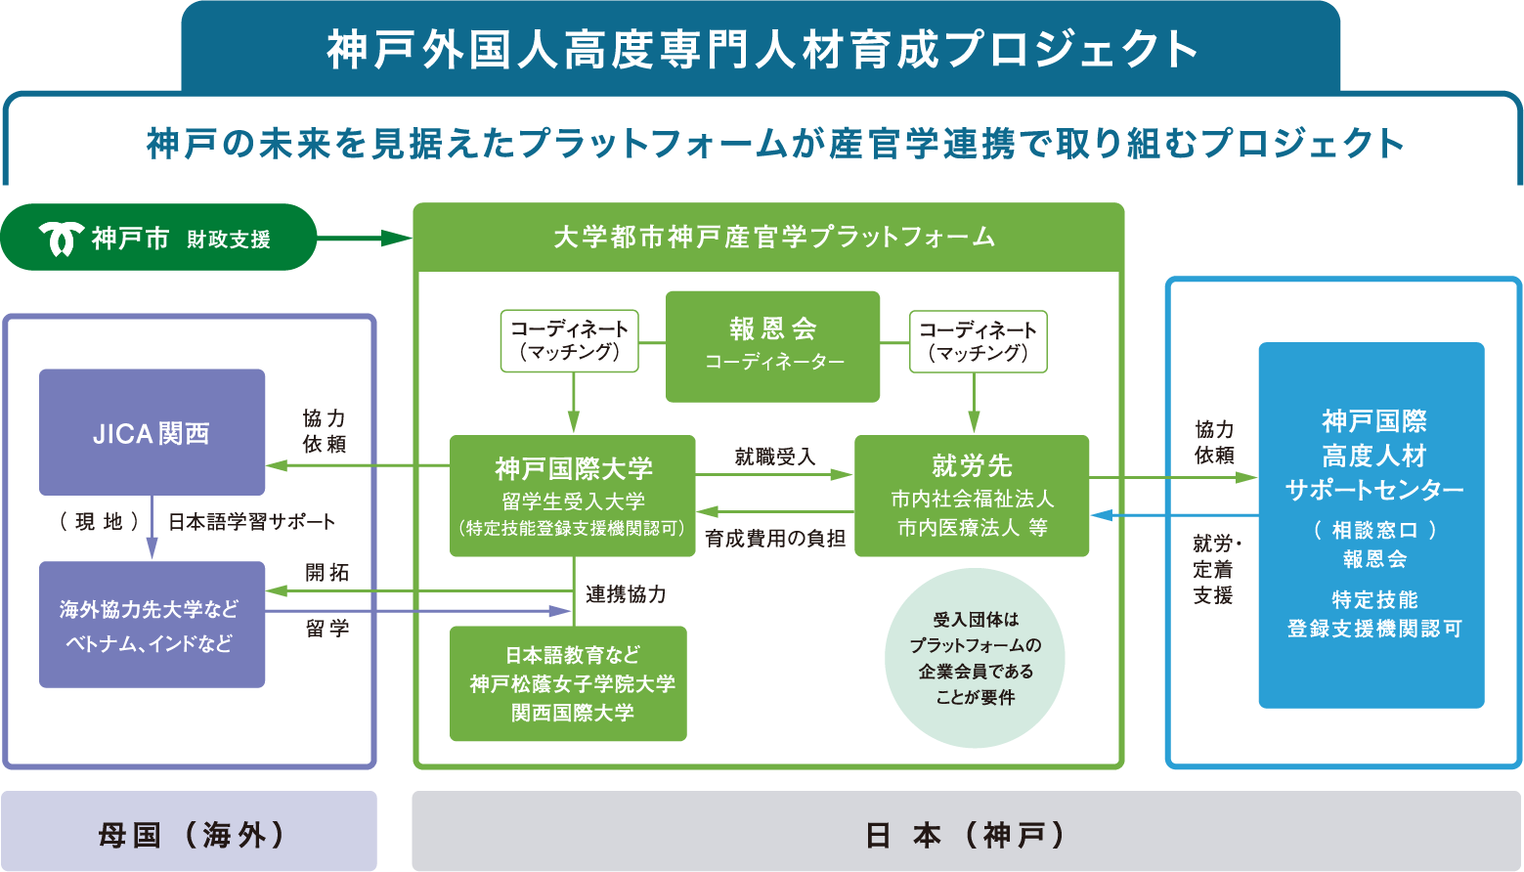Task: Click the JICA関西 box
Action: [152, 432]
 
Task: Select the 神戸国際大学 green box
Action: [573, 496]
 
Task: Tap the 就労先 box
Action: [972, 496]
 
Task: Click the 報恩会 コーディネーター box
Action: [772, 346]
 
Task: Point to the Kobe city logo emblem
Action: [62, 238]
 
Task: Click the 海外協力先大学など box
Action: [152, 625]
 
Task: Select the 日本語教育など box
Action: [568, 683]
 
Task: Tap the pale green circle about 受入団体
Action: [975, 658]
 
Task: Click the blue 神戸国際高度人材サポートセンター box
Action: [1371, 525]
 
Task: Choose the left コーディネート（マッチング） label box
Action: [569, 341]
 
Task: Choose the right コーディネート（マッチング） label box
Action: [978, 341]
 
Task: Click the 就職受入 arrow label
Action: [774, 457]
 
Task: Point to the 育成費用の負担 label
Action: [774, 539]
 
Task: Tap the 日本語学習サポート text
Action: [251, 522]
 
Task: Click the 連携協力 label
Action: [626, 594]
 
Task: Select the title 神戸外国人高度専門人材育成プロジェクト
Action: [761, 49]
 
